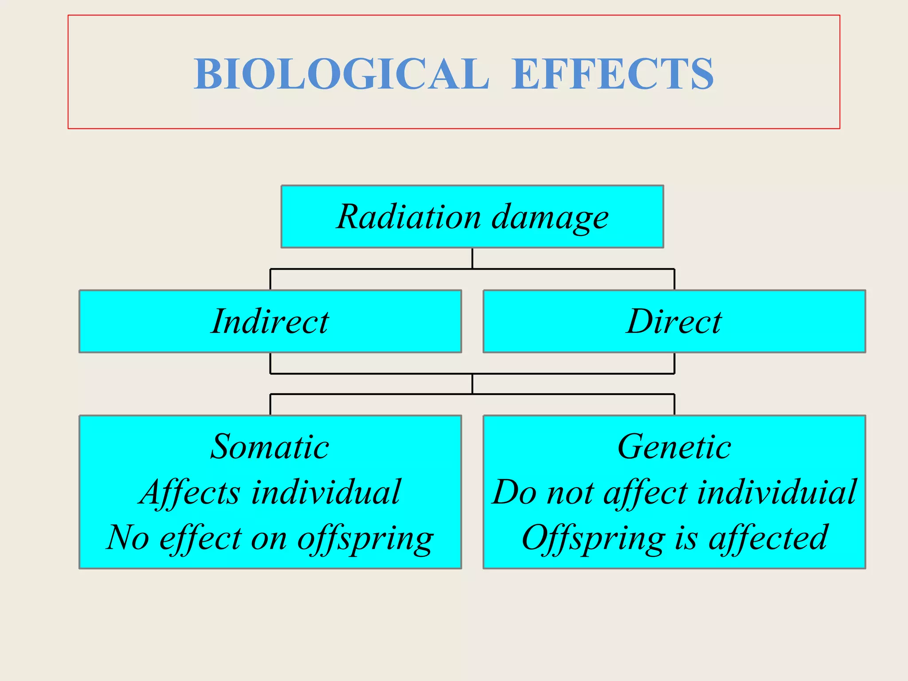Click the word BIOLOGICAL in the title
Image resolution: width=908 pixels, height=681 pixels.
(x=341, y=74)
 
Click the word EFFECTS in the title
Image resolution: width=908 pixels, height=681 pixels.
(x=612, y=74)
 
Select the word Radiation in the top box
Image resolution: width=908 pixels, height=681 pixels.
(x=408, y=217)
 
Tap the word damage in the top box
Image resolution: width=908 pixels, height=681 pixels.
(x=550, y=218)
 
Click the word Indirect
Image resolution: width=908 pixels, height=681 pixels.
(x=270, y=321)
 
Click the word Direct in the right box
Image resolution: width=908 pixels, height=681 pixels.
(x=674, y=321)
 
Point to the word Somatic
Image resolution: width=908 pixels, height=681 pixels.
(x=270, y=446)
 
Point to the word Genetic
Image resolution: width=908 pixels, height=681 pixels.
(x=674, y=446)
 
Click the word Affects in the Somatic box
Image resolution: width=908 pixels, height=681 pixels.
(x=189, y=493)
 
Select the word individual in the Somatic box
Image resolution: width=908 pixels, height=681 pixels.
(x=326, y=492)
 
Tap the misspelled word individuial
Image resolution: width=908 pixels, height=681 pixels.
(x=776, y=492)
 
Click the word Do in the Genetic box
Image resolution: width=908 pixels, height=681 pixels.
(x=514, y=492)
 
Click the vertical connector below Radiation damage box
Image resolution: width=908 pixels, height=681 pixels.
(x=472, y=258)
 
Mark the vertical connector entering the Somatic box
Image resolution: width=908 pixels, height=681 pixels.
(x=270, y=404)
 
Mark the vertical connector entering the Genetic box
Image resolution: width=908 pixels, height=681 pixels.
(x=674, y=404)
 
